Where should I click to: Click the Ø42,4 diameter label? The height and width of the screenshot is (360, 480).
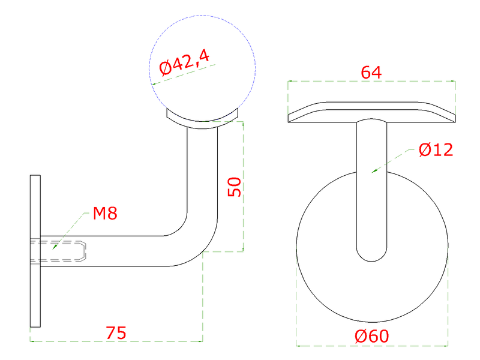coord(184,63)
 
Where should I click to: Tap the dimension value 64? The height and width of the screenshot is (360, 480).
coord(371,73)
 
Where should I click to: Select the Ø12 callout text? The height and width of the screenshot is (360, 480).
coord(436,149)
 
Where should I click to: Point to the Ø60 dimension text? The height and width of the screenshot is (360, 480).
coord(371,336)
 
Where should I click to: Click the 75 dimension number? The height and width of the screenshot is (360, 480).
coord(116,333)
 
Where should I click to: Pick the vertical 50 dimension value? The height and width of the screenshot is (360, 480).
coord(235,187)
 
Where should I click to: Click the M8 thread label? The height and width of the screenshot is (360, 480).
coord(105,214)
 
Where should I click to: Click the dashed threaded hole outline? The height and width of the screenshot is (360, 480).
coord(58,251)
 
